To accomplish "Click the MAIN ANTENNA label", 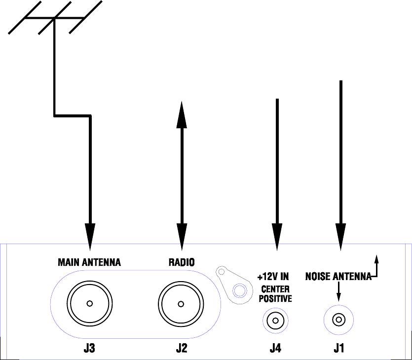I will click(89, 262).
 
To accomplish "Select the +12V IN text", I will click(273, 276).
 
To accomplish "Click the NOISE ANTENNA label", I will click(338, 276).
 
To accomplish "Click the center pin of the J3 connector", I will click(89, 304).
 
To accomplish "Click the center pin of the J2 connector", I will click(181, 304).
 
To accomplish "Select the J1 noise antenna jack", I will click(338, 320).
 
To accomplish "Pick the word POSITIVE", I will click(275, 298).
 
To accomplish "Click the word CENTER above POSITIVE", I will click(275, 289).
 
